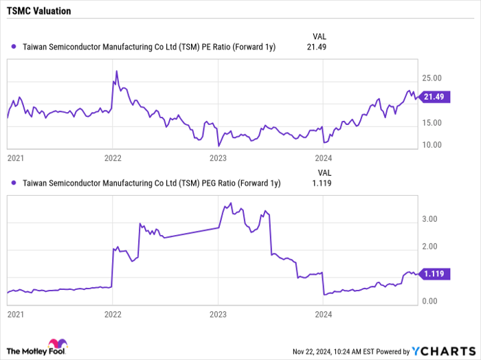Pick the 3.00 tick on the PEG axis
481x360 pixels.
(x=430, y=218)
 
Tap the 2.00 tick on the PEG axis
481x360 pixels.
(x=430, y=246)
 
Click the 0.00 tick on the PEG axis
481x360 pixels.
(x=430, y=301)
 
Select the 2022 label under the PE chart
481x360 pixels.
(x=113, y=158)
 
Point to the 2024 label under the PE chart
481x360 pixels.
(x=324, y=158)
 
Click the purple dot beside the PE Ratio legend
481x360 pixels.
(x=15, y=47)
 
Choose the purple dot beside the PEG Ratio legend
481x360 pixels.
(x=15, y=183)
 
